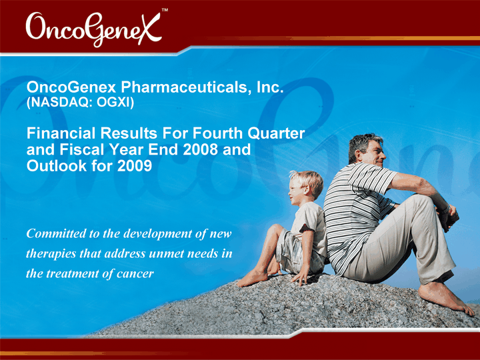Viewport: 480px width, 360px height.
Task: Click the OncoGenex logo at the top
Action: tap(94, 29)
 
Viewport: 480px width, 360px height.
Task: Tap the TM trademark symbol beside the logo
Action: tap(165, 10)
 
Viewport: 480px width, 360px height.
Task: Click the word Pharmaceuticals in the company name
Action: tap(184, 87)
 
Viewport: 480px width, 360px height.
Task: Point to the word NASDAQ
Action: tap(60, 103)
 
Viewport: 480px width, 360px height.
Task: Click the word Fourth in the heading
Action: tap(217, 133)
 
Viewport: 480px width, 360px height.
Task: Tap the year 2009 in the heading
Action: tap(135, 165)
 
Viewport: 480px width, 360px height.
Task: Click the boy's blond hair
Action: tap(309, 181)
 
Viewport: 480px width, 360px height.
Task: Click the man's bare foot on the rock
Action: tap(446, 297)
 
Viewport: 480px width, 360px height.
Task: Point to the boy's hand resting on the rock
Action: tap(301, 277)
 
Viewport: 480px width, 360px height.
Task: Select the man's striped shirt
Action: tap(355, 211)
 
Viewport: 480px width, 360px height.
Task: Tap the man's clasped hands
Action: tap(449, 217)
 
